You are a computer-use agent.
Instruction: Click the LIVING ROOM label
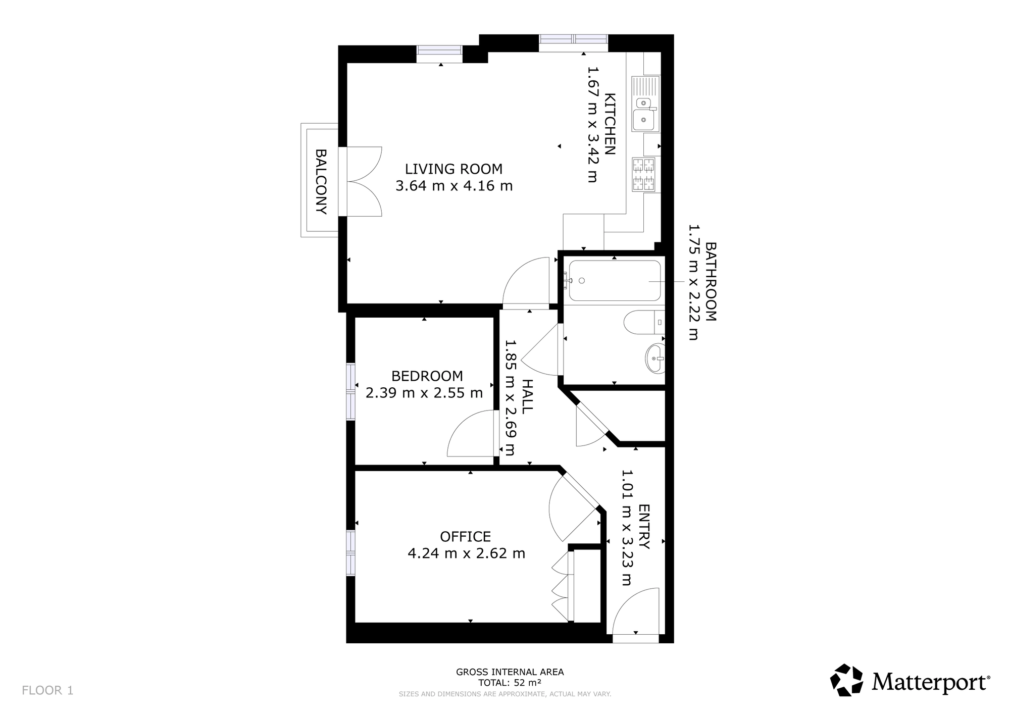pos(453,169)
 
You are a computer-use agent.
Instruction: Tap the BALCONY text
pos(321,181)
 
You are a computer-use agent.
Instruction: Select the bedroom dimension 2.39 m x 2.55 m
pos(424,392)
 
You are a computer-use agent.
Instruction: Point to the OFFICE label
pos(465,536)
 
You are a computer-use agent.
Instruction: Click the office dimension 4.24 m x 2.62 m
pos(466,553)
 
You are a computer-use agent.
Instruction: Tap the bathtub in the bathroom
pos(615,281)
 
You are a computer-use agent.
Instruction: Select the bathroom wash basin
pos(655,358)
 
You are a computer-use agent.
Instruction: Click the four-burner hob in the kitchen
pos(643,174)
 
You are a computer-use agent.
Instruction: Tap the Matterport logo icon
pos(847,680)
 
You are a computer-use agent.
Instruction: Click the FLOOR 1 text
pos(47,690)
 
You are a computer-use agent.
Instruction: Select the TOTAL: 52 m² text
pos(510,683)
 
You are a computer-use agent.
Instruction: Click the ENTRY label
pos(644,527)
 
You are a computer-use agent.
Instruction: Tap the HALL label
pos(527,396)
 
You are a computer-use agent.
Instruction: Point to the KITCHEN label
pos(610,124)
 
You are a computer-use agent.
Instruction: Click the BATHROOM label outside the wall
pos(711,282)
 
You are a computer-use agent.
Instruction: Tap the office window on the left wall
pos(350,552)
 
